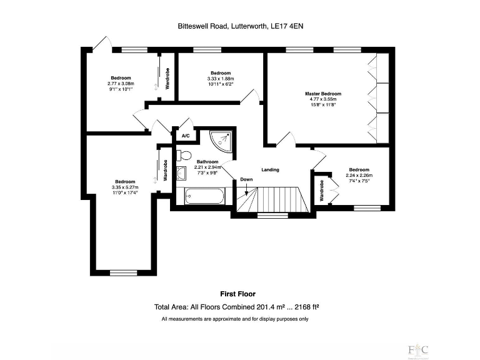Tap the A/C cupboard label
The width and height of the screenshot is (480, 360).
pos(185,136)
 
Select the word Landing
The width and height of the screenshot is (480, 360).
pos(270,169)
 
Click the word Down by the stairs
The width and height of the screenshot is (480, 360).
pos(246,180)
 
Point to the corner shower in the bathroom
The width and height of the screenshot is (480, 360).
pos(223,140)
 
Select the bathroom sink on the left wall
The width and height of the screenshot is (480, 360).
pos(181,175)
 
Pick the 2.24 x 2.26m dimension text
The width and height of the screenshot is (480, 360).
pos(359,176)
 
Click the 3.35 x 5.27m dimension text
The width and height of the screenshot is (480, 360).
pos(125,187)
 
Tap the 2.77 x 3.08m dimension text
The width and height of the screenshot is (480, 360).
pos(121,84)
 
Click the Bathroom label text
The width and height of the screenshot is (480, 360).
pos(207,162)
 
